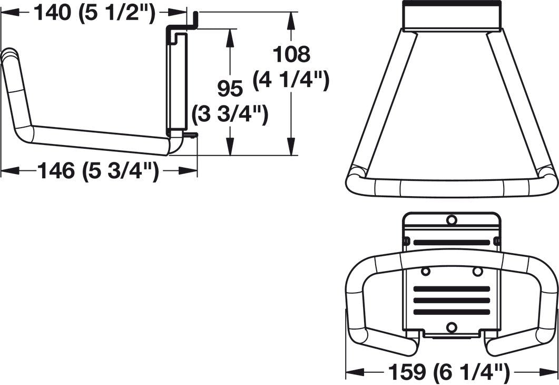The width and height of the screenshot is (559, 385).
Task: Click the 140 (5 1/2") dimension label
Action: click(95, 12)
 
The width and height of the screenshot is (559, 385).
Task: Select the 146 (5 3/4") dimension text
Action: click(98, 170)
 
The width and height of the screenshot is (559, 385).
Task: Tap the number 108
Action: click(291, 54)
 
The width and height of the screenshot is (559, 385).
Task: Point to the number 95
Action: click(230, 89)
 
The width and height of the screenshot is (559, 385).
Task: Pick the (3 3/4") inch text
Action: click(230, 113)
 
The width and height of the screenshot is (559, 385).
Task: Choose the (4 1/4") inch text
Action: click(291, 80)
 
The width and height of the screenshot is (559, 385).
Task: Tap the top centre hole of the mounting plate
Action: click(451, 219)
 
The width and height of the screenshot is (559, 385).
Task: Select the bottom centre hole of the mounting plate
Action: click(451, 328)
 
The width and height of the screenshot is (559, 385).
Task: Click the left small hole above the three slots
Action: click(426, 271)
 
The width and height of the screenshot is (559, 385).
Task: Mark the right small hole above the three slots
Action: click(477, 271)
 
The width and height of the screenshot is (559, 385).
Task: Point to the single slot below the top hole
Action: click(451, 242)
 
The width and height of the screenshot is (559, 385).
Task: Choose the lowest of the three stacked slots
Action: click(451, 312)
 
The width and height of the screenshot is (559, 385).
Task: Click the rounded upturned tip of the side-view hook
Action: click(9, 54)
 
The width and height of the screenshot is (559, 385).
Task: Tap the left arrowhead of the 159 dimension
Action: click(351, 373)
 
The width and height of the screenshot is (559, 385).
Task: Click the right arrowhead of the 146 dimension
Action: click(192, 170)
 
